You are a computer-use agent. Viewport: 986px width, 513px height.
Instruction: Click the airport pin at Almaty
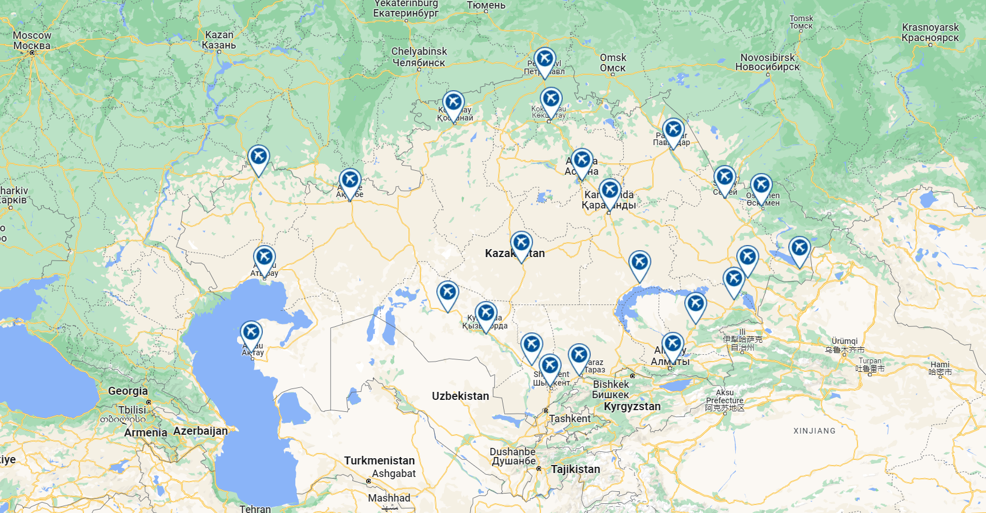(x=673, y=344)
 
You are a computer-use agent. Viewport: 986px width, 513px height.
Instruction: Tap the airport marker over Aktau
(x=251, y=332)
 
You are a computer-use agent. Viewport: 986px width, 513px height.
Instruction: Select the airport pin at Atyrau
(x=264, y=258)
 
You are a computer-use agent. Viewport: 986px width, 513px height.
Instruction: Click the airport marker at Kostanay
(x=454, y=103)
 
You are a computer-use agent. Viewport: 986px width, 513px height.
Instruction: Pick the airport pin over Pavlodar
(x=674, y=130)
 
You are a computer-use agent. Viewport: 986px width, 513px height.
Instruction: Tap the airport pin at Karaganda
(x=610, y=191)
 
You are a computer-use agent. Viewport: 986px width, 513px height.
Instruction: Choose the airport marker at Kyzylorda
(x=486, y=313)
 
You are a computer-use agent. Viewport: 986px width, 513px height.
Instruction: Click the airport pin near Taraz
(x=579, y=355)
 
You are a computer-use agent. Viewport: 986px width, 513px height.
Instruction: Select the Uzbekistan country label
(x=460, y=396)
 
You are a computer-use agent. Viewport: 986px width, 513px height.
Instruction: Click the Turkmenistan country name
(x=379, y=460)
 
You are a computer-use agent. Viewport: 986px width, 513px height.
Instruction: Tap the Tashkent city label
(x=570, y=419)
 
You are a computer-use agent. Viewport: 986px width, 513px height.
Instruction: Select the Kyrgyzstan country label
(x=632, y=406)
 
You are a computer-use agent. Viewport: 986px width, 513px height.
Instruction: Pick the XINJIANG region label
(x=814, y=431)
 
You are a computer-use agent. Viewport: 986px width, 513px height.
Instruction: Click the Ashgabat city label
(x=394, y=474)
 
